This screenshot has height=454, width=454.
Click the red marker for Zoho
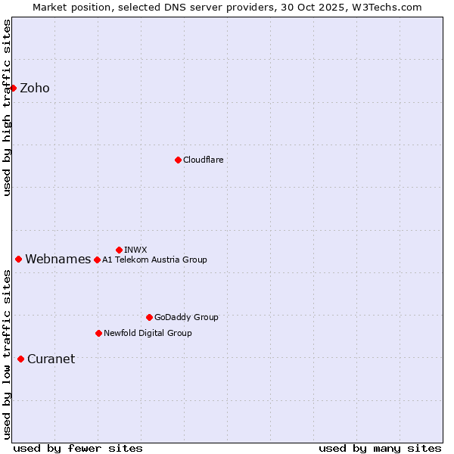(13, 88)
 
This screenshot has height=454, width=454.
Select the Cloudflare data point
(178, 160)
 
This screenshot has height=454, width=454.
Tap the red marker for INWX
(119, 250)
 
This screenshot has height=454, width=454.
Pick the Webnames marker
(18, 259)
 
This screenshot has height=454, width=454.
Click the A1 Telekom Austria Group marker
(97, 260)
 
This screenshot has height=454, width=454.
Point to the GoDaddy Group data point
(149, 317)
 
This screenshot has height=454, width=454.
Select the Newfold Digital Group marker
(98, 333)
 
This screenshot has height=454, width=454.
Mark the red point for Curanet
(20, 359)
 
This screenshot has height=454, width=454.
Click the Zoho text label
(35, 89)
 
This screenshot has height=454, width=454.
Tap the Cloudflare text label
(203, 160)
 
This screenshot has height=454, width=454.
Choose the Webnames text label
(58, 260)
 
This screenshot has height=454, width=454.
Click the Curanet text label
(51, 359)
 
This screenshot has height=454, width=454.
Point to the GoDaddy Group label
(185, 317)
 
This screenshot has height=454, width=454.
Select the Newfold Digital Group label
(148, 333)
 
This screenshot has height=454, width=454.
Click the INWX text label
(135, 250)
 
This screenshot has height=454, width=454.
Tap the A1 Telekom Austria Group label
(154, 260)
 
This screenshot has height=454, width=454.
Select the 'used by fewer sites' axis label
(78, 448)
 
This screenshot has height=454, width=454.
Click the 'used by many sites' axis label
(380, 448)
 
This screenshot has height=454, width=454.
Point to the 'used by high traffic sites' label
(7, 107)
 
